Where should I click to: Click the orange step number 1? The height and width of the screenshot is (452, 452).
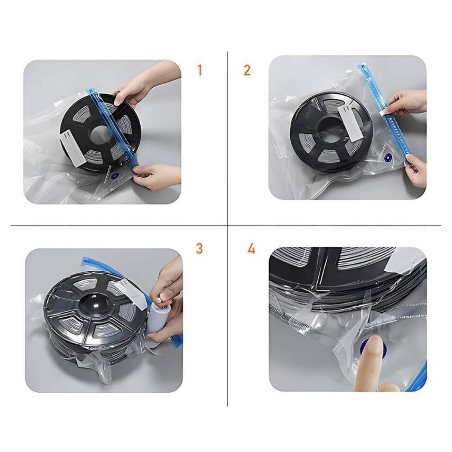(199, 70)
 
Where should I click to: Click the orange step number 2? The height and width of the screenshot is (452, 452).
(247, 70)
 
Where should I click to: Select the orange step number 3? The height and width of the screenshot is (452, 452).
(199, 248)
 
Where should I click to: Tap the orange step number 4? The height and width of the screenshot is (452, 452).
(251, 248)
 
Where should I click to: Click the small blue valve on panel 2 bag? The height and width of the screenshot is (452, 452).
(389, 157)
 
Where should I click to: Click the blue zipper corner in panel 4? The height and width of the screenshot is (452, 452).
(418, 378)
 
